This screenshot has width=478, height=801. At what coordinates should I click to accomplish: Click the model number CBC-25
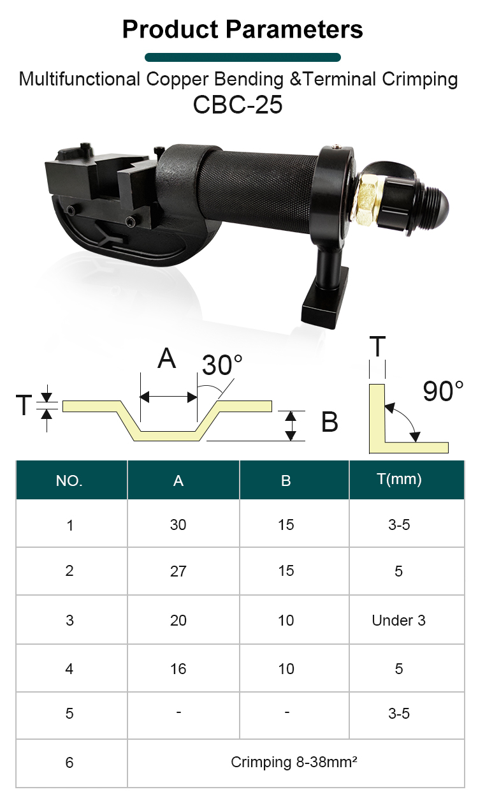click(238, 105)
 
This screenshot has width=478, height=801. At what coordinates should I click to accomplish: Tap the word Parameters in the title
click(294, 29)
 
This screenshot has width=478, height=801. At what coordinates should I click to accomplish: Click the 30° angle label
click(222, 365)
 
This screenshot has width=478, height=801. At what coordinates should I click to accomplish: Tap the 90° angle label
click(443, 391)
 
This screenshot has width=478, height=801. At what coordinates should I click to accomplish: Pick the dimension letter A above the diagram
click(167, 358)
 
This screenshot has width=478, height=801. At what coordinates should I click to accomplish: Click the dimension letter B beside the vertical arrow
click(330, 422)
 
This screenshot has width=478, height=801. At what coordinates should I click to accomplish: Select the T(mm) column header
click(399, 479)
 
